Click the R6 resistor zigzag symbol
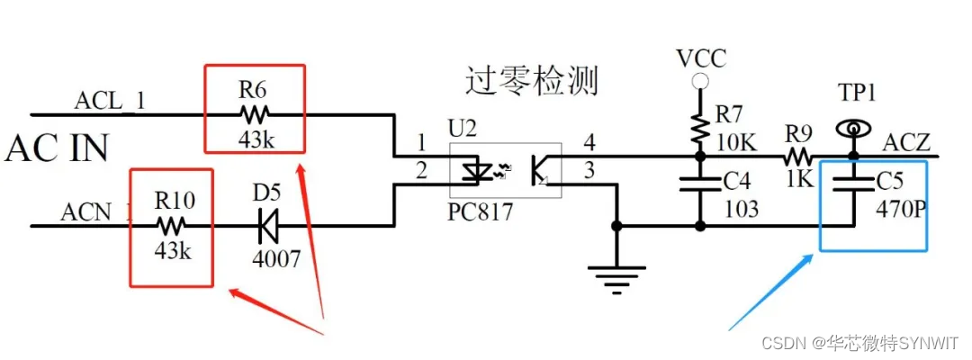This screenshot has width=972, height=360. point(254,114)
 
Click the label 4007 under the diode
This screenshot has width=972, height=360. point(276,258)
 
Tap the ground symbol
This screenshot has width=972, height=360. point(616,275)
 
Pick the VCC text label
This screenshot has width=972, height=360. point(699,59)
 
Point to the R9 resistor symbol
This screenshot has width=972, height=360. point(796,157)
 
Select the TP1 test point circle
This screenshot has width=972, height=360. point(850,128)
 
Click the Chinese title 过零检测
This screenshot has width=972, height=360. point(531,82)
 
